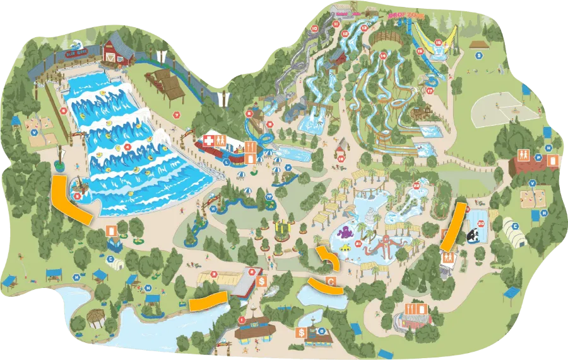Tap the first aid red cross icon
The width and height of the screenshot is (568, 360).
(208, 141)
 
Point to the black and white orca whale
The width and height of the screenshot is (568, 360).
(473, 235)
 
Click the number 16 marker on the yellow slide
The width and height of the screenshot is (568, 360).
(438, 43)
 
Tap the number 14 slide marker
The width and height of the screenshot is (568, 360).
(382, 56)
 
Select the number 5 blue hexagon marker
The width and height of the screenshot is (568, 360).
(479, 55)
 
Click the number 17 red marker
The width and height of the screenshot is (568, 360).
(429, 91)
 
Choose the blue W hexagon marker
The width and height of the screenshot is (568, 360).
(213, 208)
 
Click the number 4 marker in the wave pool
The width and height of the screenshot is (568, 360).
(128, 148)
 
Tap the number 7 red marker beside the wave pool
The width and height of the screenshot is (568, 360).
(178, 114)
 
